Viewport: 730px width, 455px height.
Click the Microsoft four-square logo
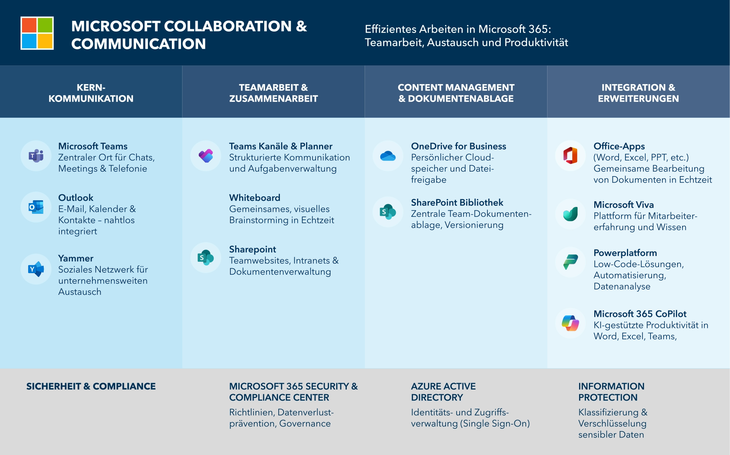point(37,33)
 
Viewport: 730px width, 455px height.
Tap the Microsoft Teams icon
point(36,156)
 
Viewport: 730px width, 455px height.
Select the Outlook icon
point(36,207)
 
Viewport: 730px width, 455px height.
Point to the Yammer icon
point(36,269)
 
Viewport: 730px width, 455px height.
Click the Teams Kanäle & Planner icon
point(206,156)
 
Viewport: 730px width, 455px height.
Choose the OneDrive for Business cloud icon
point(388,156)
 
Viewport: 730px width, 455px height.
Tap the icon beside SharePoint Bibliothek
point(388,212)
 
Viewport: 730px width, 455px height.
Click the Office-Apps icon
point(570,156)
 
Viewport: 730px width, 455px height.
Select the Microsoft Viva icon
point(570,214)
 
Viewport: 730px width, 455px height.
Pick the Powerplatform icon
point(570,262)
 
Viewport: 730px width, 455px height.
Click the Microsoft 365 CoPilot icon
point(570,323)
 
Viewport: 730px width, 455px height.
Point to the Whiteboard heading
point(255,198)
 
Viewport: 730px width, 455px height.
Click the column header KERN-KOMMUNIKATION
point(91,93)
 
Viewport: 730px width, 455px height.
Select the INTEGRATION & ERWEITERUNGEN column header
point(638,93)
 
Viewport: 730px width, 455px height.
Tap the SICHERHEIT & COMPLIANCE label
point(91,386)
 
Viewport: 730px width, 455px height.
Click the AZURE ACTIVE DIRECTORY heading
point(443,392)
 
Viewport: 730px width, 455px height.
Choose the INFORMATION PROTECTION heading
point(611,392)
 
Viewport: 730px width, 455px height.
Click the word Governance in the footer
point(305,423)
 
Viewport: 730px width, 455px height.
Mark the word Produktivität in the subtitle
point(536,42)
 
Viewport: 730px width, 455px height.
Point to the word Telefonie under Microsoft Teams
point(128,169)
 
